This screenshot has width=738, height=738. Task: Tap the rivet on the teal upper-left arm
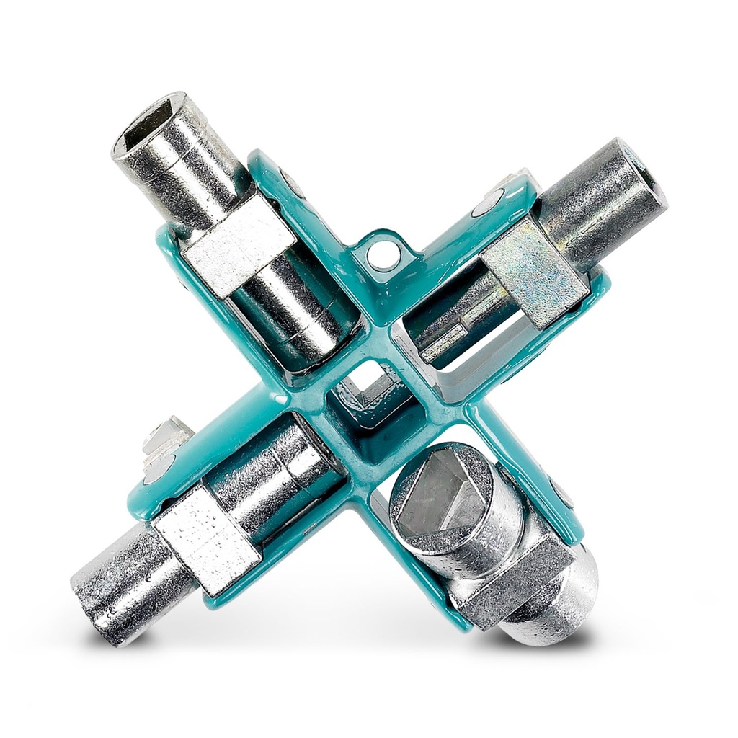coord(291,183)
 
